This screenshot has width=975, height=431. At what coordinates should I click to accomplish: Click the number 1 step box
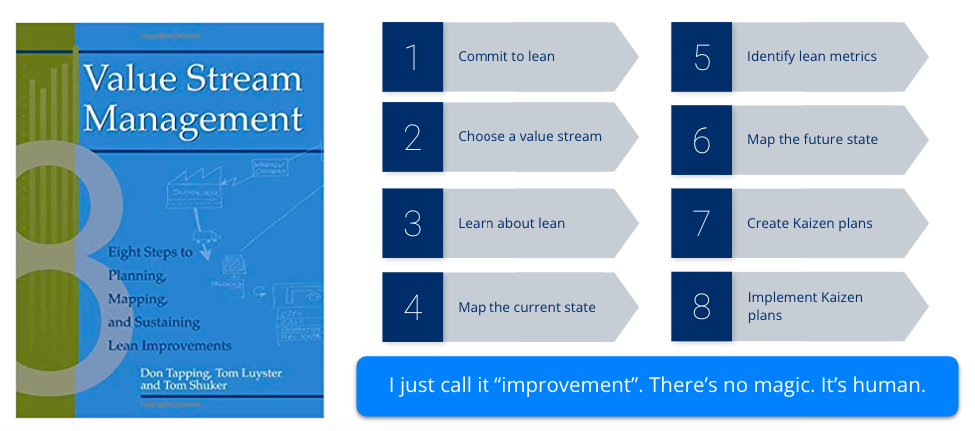click(412, 57)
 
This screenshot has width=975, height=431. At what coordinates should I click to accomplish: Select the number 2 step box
click(412, 137)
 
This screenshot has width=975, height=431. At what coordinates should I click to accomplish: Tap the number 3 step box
click(412, 224)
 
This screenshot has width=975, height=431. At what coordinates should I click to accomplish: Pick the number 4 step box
click(412, 307)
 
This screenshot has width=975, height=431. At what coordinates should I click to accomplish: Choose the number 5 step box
click(701, 57)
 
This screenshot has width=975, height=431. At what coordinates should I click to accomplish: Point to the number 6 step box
click(701, 140)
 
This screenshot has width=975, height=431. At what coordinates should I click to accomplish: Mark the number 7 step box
click(701, 224)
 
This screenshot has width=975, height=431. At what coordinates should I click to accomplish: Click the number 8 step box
click(701, 307)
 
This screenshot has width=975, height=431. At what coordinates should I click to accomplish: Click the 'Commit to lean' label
click(506, 57)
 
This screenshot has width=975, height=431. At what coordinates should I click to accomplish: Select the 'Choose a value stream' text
click(529, 136)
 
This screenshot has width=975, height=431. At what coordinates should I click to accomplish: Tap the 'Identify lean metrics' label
click(811, 57)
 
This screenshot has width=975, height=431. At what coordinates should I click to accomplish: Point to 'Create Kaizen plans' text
click(809, 223)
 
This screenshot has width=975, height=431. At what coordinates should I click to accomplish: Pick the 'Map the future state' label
click(812, 139)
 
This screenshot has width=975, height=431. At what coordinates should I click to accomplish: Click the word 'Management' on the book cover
click(193, 119)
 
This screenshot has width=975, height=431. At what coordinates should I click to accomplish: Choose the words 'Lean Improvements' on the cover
click(169, 346)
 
